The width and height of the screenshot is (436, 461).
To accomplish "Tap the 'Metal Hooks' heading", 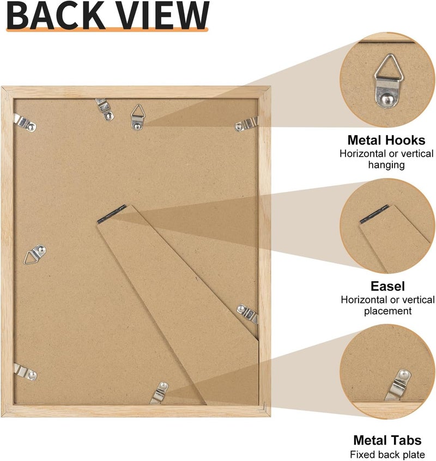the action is point(386,140).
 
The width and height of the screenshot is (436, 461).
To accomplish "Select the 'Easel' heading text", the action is point(387,286).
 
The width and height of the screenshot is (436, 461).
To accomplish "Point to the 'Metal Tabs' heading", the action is point(387,440).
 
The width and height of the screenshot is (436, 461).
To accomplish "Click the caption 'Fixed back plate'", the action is point(387,454).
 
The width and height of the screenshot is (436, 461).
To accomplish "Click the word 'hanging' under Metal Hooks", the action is point(386,165).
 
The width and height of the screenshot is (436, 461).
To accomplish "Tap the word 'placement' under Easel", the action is point(387,311).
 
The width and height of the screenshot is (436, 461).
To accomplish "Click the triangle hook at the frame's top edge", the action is point(137,117).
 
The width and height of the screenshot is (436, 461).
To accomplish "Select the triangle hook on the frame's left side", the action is point(35,254).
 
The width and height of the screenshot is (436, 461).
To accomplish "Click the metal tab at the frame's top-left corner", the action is point(25,123).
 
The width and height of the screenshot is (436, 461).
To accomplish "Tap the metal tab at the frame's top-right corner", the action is point(246,124).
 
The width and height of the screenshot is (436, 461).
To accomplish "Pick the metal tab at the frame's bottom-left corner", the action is point(25,372).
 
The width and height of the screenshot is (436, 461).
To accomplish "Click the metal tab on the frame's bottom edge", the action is point(159,393).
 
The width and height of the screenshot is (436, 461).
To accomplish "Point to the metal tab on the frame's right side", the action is point(247,314).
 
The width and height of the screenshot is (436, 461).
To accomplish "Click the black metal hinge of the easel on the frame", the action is point(112,214).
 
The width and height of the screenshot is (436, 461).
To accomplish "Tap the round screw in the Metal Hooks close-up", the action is point(386,99).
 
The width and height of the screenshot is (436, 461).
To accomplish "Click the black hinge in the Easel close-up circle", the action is point(374,214).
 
